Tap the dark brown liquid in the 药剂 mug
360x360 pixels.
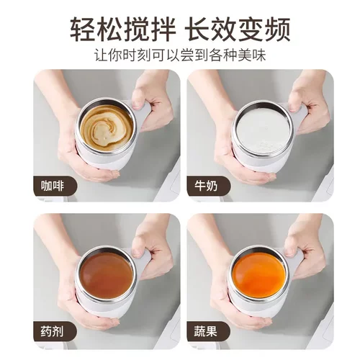(106, 274)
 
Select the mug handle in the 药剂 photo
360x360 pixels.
(144, 258)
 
